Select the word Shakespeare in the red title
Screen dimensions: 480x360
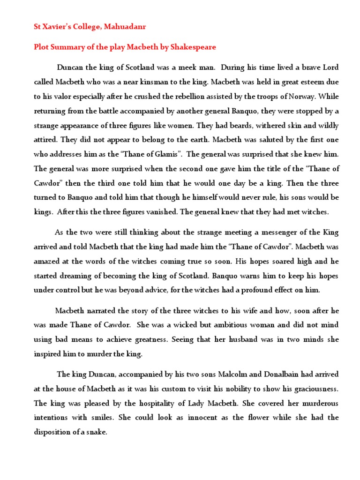click(x=190, y=47)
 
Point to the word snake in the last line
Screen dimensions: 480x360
click(x=97, y=432)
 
